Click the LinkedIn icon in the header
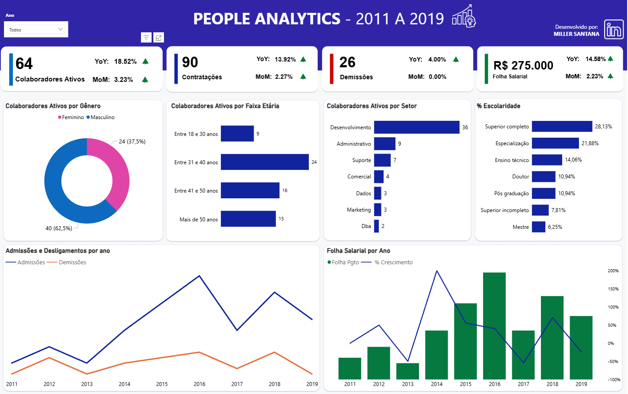613,30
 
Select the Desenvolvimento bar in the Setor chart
416,127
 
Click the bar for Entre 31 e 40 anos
264,162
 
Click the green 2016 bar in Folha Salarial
494,325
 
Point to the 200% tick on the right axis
613,270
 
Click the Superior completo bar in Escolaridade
562,127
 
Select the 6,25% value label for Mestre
555,227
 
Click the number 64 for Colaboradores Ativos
24,64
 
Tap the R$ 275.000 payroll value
523,66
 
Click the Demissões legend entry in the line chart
72,263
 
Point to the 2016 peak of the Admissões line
199,276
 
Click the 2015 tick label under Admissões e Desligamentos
162,384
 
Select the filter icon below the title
146,38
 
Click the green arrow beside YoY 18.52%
145,62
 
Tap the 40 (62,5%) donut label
59,228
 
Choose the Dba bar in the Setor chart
376,226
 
